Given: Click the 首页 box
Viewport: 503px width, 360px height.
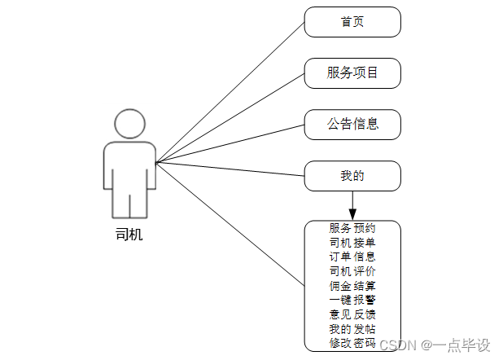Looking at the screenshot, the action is pos(352,22).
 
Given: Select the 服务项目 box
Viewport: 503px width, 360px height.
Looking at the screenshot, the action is pos(352,73).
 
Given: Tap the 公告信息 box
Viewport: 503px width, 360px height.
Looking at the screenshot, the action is pos(352,125).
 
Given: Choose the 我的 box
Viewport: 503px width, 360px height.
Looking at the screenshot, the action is pos(352,176).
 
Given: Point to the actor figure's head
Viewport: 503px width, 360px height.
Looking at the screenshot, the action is pos(129,123).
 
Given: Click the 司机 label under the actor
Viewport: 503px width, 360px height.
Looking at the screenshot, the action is pos(129,235).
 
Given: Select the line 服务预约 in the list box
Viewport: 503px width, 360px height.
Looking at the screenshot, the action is pos(352,229).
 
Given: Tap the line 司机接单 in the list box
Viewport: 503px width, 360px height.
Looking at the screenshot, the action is pos(352,243).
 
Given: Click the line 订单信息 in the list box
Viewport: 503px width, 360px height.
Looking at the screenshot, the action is pos(352,257).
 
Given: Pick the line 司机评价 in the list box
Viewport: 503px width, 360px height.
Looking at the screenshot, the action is pos(352,270).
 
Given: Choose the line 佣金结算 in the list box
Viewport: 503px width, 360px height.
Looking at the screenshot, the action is pos(352,285).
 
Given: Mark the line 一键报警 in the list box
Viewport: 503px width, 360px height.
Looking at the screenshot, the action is pos(352,300).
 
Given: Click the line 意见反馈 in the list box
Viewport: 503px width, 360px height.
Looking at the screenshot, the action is pos(352,314).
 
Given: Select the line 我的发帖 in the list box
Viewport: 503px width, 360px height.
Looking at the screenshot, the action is pos(352,328).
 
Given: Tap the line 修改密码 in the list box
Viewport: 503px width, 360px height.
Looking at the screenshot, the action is pos(352,343).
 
